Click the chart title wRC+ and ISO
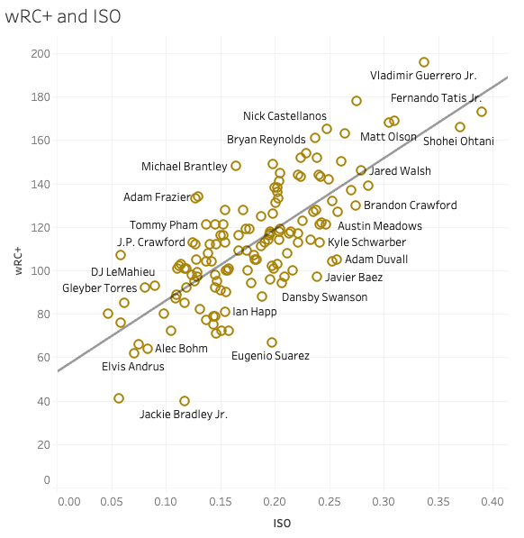coord(63,16)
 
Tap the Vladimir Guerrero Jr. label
coord(423,76)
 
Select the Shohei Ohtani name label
coord(458,141)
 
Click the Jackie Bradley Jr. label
coord(184,415)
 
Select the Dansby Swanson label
coord(324,297)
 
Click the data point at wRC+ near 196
coord(424,62)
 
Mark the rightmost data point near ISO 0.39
coord(482,112)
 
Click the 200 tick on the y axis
coord(41,54)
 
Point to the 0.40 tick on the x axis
coord(493,500)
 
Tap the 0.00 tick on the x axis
coord(68,500)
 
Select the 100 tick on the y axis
coord(41,270)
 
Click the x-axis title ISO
coord(282,523)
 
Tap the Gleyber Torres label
coord(99,288)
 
